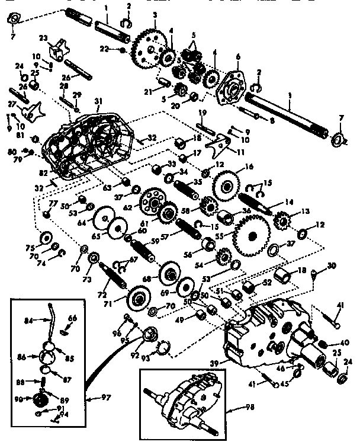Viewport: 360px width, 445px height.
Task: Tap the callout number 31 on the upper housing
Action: (x=98, y=101)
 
